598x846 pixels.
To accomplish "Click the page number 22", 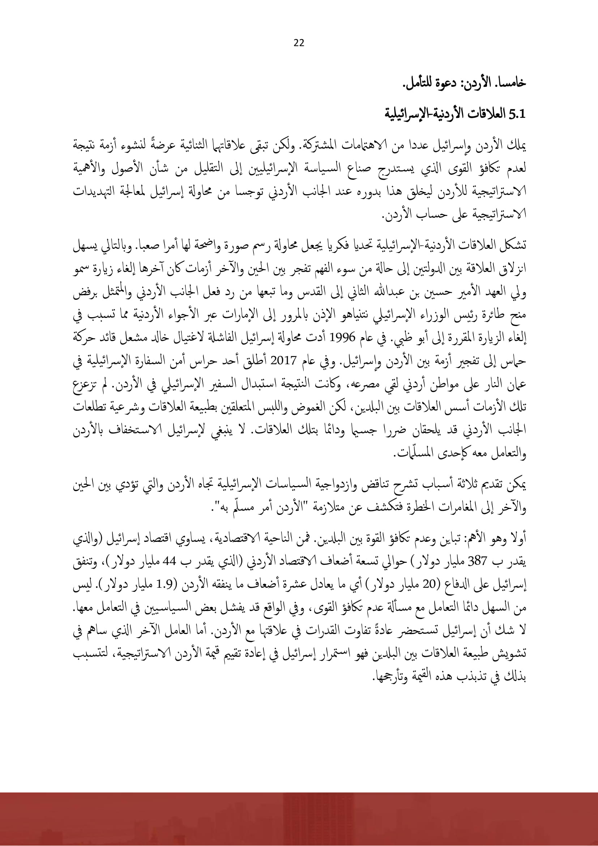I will [299, 43].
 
